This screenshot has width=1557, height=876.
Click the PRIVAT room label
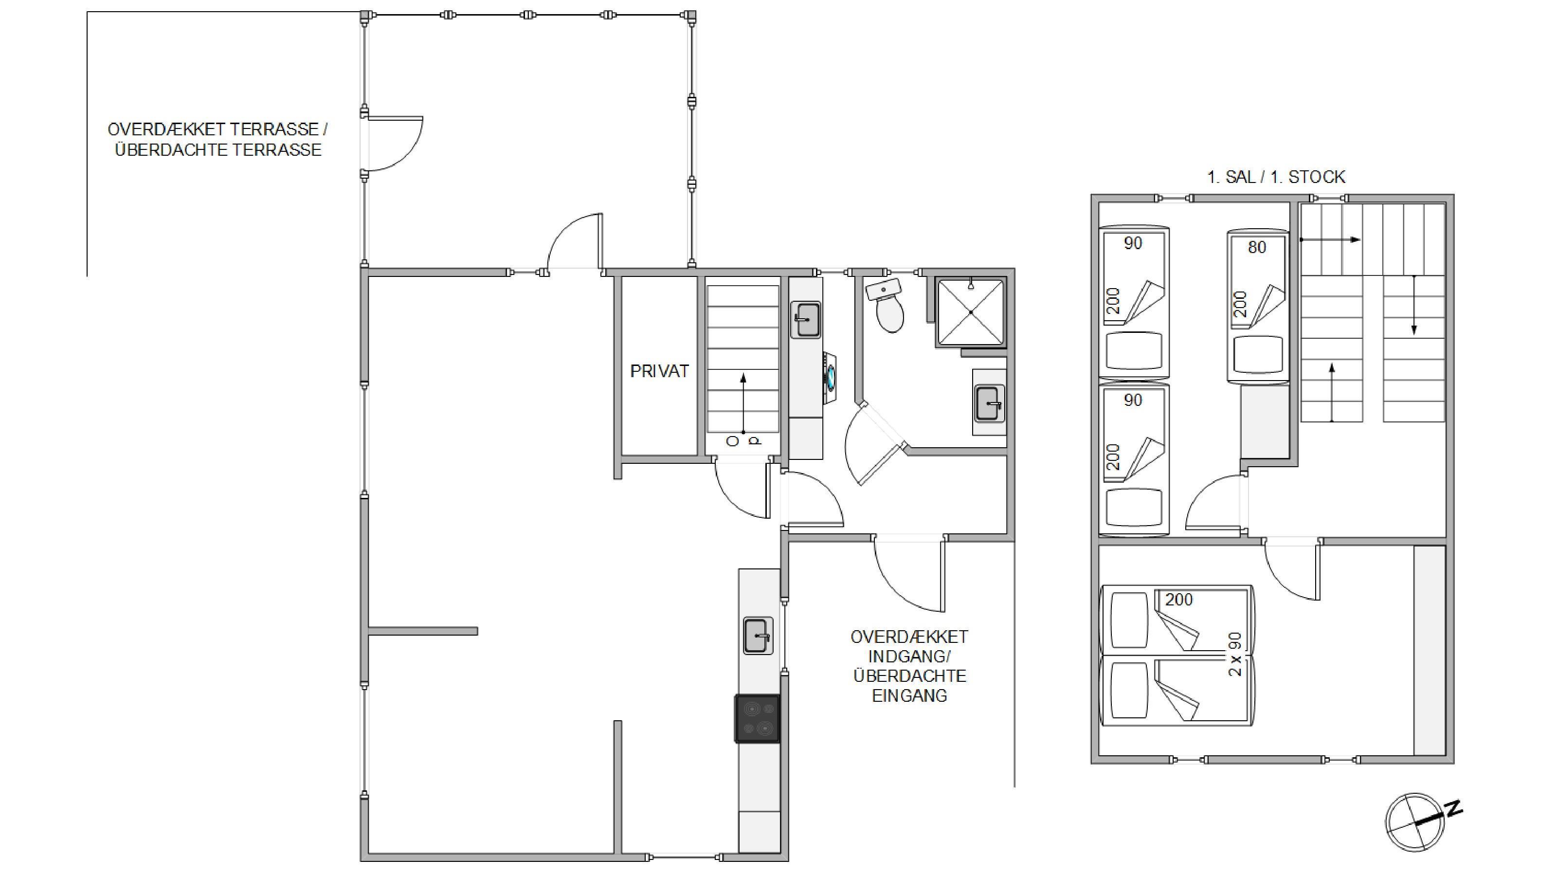pos(659,371)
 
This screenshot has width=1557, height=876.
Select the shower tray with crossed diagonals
pos(971,312)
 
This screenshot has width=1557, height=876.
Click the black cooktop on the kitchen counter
pos(758,719)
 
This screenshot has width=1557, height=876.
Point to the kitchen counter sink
pos(758,636)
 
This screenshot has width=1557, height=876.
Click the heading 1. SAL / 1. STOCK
pos(1276,177)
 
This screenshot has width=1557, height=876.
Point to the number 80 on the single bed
pos(1257,247)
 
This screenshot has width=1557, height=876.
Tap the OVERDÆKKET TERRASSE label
pos(217,129)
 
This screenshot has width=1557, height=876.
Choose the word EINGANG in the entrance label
pos(910,695)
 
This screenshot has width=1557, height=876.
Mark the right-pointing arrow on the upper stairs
pos(1330,239)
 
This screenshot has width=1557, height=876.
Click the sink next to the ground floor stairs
pos(806,319)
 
